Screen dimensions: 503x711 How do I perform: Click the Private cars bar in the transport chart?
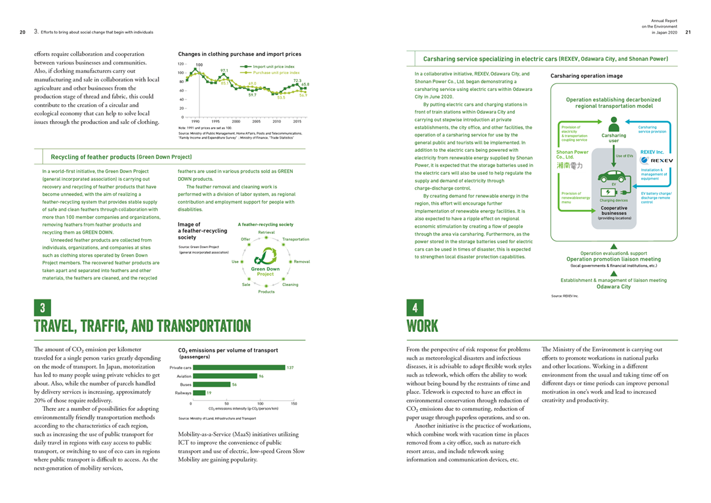coord(238,367)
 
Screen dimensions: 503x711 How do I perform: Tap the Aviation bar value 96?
coord(261,376)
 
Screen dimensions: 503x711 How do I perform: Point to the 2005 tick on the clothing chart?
coord(255,121)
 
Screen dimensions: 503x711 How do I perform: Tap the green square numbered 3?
coord(42,308)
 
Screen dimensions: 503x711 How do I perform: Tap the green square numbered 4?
coord(415,308)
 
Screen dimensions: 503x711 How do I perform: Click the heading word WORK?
coord(423,326)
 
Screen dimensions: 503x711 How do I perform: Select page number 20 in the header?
coord(22,32)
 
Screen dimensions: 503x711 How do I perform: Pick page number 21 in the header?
coord(688,32)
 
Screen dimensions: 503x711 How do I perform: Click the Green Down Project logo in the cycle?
coord(265,262)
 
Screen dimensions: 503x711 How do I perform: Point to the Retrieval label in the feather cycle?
coord(266,232)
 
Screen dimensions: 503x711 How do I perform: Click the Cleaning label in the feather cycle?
coord(290,284)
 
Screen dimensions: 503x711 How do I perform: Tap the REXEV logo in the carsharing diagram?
coord(655,160)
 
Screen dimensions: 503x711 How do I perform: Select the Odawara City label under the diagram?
coord(613,287)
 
